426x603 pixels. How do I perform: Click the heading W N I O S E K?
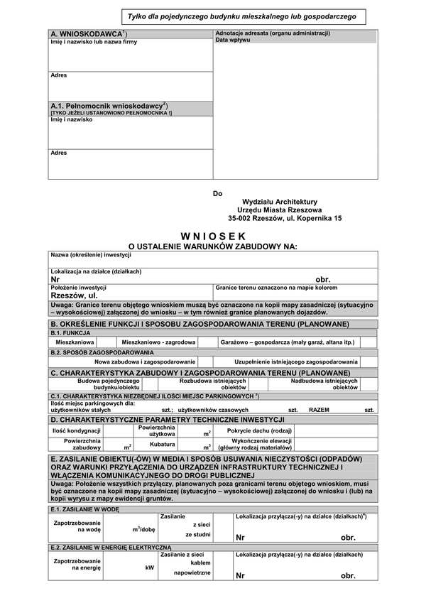pyautogui.click(x=213, y=235)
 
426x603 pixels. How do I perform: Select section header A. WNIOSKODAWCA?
pyautogui.click(x=89, y=33)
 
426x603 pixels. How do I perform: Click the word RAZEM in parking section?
pyautogui.click(x=320, y=411)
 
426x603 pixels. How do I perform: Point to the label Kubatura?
pyautogui.click(x=163, y=444)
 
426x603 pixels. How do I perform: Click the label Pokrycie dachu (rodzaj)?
pyautogui.click(x=259, y=430)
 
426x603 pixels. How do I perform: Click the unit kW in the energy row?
pyautogui.click(x=149, y=567)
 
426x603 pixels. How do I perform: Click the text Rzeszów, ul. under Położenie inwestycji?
pyautogui.click(x=74, y=295)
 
